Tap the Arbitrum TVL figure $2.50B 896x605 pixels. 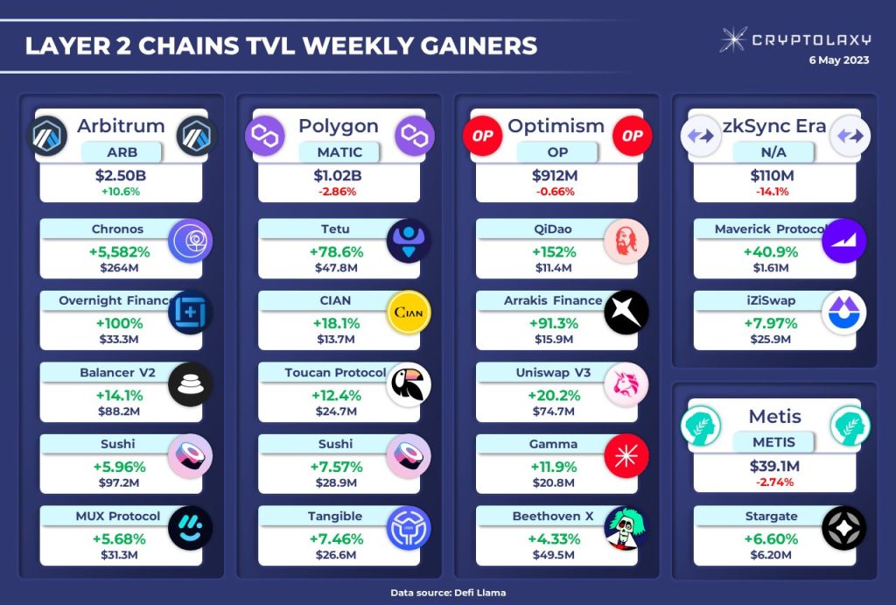pyautogui.click(x=121, y=176)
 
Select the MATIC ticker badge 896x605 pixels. pyautogui.click(x=339, y=152)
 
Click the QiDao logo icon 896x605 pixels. pyautogui.click(x=626, y=242)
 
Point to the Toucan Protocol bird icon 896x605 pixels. pyautogui.click(x=409, y=384)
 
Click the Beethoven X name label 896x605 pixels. pyautogui.click(x=552, y=517)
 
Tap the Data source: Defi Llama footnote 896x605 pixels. pyautogui.click(x=448, y=593)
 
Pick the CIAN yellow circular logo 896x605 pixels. pyautogui.click(x=409, y=313)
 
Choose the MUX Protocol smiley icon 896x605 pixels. pyautogui.click(x=190, y=528)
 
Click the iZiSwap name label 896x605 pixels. pyautogui.click(x=759, y=300)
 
